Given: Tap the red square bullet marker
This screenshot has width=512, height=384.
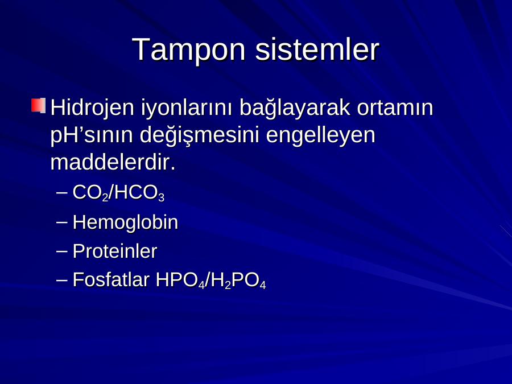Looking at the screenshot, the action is pyautogui.click(x=38, y=105).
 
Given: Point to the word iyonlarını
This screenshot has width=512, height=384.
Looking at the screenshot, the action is pyautogui.click(x=187, y=109).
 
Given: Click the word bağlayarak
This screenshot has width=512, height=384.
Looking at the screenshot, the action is pyautogui.click(x=295, y=109).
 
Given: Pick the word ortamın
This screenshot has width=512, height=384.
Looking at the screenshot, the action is pyautogui.click(x=395, y=108).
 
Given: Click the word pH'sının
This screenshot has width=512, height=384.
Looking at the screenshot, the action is pyautogui.click(x=92, y=136).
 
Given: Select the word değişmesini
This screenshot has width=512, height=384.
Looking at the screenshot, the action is pyautogui.click(x=199, y=136).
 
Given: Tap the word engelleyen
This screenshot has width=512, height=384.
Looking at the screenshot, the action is pyautogui.click(x=321, y=136).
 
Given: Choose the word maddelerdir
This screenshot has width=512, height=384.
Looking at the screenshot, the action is pyautogui.click(x=113, y=162).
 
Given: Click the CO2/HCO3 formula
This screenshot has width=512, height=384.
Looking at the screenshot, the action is pyautogui.click(x=118, y=193).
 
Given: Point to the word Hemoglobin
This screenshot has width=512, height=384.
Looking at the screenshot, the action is pyautogui.click(x=125, y=223).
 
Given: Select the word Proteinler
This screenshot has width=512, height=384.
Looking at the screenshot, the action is pyautogui.click(x=114, y=251).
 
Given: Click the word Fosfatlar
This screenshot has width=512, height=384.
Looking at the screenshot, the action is pyautogui.click(x=111, y=280).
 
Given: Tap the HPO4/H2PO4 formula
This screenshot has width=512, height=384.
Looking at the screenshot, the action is pyautogui.click(x=211, y=280).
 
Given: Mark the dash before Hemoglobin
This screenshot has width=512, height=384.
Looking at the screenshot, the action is pyautogui.click(x=61, y=222).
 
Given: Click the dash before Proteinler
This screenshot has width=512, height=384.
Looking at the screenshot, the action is pyautogui.click(x=61, y=251).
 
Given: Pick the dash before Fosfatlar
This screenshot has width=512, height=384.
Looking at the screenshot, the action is pyautogui.click(x=61, y=280).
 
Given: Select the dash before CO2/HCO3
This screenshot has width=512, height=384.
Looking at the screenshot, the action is pyautogui.click(x=61, y=192).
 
